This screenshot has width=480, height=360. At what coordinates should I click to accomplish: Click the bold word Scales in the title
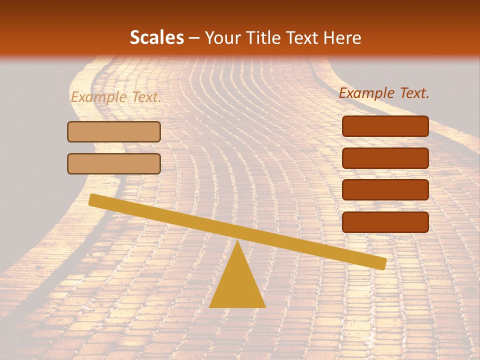[156, 38]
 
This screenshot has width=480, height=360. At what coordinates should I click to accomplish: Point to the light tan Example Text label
[115, 97]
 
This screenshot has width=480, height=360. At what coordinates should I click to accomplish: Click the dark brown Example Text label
[384, 93]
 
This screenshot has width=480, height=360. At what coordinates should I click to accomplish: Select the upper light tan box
[114, 132]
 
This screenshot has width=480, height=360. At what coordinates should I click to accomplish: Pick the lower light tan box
[114, 163]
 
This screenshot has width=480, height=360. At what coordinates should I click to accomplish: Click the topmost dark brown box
[385, 126]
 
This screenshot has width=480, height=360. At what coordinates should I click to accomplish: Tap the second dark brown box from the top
[385, 158]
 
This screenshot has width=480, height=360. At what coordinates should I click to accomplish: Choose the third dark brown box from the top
[385, 190]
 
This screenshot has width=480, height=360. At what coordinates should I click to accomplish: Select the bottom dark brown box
[385, 222]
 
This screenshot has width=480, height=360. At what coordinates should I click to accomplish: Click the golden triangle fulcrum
[237, 285]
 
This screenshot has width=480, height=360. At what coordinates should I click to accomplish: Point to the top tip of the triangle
[237, 242]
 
